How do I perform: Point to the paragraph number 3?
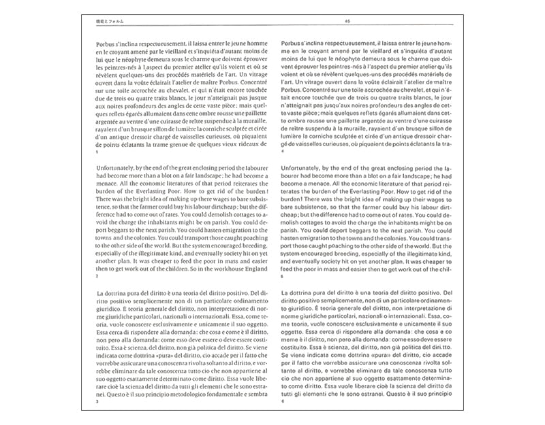[97, 402]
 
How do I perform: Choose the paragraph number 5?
[282, 277]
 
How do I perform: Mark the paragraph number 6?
[282, 402]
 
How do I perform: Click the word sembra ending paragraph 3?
[249, 393]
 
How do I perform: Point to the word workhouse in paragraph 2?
[204, 269]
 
